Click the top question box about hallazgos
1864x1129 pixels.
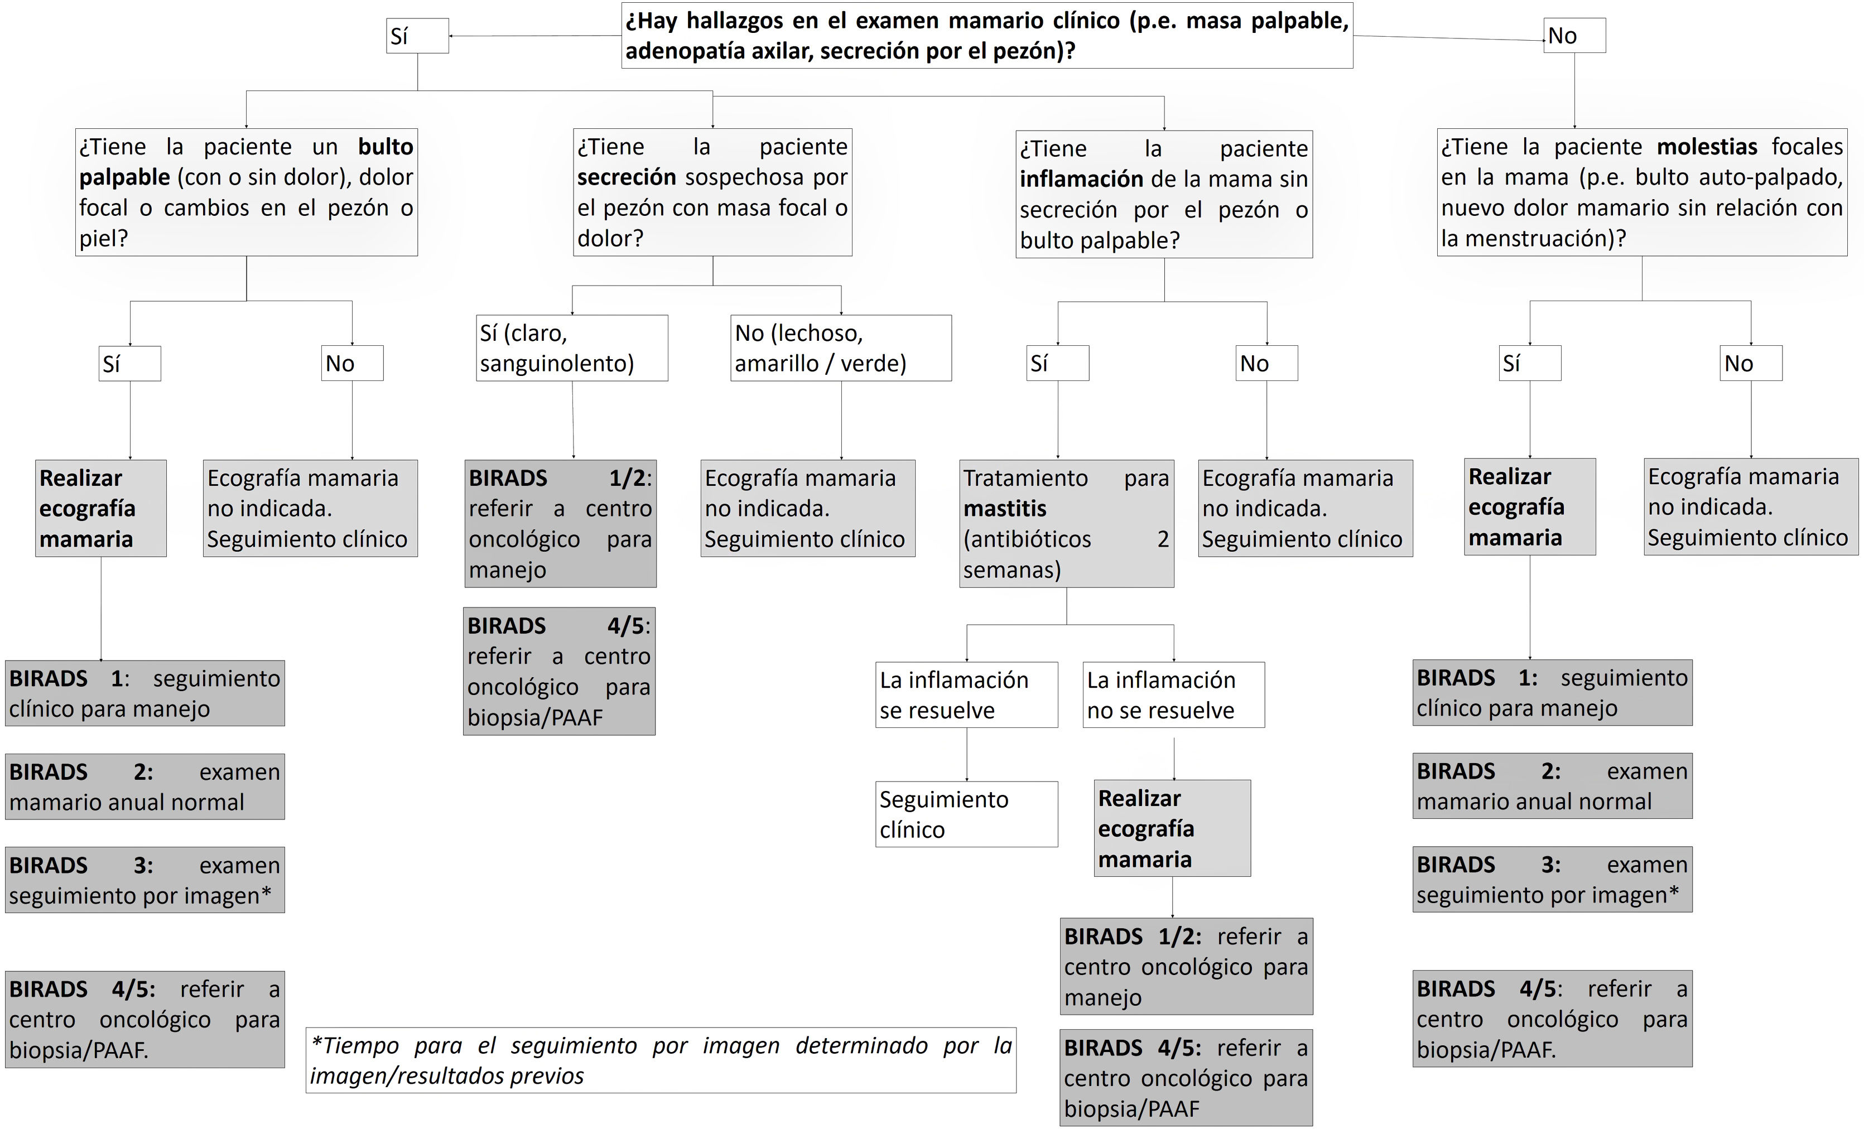pos(986,36)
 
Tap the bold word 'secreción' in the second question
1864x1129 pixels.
pos(627,177)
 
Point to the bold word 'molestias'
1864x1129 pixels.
pos(1707,147)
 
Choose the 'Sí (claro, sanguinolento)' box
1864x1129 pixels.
pos(571,348)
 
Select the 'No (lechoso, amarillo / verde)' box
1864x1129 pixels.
pos(840,348)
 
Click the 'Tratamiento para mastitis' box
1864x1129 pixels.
pos(1066,523)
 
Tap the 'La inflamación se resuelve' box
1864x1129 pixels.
pos(966,695)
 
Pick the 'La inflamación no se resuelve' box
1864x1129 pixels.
pos(1173,695)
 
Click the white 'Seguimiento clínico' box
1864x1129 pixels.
pos(966,814)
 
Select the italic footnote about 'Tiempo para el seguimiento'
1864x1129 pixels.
pos(661,1060)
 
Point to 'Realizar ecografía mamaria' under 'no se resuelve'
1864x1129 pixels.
pos(1172,829)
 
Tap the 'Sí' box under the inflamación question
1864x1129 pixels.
pos(1058,364)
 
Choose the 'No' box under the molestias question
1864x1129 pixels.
pos(1751,364)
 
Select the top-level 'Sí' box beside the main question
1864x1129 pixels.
pos(417,36)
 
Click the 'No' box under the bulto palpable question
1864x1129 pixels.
pos(352,364)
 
